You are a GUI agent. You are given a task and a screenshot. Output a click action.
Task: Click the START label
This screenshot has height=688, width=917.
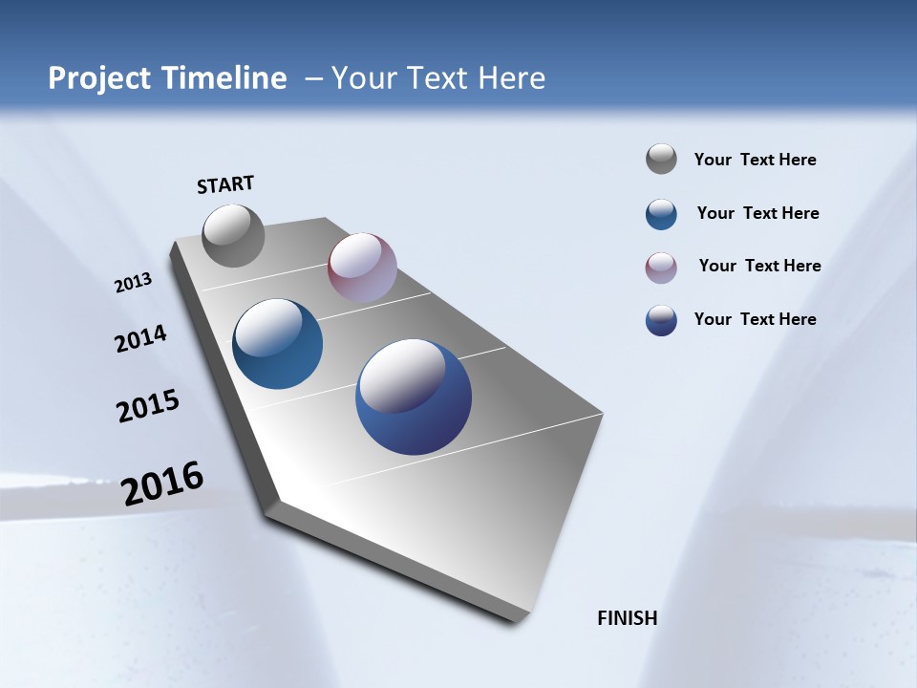[225, 184]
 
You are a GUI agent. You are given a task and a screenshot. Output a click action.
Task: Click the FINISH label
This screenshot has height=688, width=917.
[627, 618]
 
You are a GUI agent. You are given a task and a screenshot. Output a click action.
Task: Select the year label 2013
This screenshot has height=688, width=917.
[134, 283]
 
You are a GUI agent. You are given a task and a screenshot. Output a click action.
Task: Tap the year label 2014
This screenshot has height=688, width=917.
[140, 339]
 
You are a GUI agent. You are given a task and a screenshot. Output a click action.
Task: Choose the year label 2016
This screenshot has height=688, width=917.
[162, 484]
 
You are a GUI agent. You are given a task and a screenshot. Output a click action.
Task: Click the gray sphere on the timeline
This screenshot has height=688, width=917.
[233, 235]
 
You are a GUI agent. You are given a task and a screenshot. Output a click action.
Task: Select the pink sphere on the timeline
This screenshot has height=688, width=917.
[362, 268]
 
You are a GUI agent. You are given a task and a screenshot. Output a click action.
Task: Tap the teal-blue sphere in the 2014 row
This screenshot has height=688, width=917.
[277, 344]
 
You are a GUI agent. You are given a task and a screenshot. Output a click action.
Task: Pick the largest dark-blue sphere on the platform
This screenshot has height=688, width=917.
[414, 397]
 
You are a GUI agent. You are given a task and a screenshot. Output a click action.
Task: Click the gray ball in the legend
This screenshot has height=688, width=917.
[661, 160]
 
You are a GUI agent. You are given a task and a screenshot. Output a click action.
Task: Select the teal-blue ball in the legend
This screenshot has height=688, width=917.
[661, 214]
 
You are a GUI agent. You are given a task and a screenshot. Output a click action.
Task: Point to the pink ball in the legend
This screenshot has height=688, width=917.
[661, 268]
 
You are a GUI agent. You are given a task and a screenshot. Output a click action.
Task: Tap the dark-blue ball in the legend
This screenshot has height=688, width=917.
[661, 320]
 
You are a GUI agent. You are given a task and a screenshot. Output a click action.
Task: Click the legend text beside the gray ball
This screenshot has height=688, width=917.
[755, 160]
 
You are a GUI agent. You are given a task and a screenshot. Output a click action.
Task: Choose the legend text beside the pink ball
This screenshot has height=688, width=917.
[759, 266]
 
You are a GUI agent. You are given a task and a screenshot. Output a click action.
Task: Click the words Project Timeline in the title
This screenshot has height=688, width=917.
[167, 78]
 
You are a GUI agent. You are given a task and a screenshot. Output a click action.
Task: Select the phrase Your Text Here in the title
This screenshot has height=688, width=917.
[438, 78]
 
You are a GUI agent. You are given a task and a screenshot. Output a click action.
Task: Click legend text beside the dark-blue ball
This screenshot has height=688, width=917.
[755, 319]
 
